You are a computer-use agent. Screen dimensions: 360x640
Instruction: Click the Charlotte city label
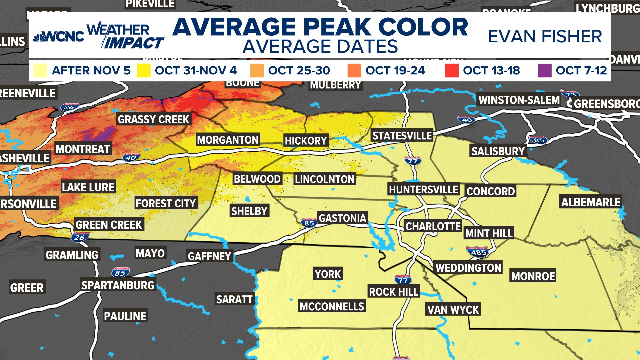433,226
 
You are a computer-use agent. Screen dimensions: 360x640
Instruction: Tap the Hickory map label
306,141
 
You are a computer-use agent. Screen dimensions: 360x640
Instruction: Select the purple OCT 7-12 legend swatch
544,71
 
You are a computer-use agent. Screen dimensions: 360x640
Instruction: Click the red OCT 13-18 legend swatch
452,71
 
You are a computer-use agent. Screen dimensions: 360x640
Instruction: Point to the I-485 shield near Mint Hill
478,252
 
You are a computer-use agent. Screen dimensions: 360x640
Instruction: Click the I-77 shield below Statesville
413,161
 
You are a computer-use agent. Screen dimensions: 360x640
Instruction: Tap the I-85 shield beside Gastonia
309,223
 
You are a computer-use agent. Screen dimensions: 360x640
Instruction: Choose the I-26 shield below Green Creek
80,237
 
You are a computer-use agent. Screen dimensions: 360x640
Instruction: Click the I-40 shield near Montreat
131,158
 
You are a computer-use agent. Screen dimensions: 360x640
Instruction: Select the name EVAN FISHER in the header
545,36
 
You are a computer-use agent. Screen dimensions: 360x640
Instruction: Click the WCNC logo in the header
59,36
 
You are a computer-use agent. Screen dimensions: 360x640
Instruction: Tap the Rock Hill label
393,292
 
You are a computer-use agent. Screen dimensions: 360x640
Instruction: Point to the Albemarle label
591,202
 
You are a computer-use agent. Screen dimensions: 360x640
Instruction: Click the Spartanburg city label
118,285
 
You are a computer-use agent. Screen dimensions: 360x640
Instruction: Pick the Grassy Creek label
153,119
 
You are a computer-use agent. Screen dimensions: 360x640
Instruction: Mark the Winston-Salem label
519,100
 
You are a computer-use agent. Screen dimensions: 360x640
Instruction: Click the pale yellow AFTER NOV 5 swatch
40,71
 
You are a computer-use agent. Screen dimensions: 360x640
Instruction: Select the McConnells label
332,306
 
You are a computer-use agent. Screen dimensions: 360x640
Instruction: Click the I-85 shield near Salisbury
538,140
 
